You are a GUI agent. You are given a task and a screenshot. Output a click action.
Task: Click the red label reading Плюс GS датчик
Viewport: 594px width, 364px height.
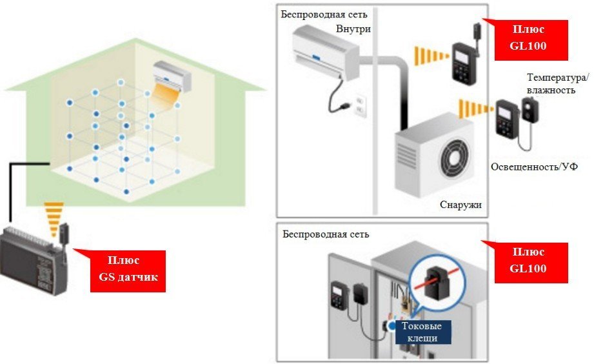coord(128,270)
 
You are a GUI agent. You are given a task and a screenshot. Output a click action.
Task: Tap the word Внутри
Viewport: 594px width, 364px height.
coord(353,28)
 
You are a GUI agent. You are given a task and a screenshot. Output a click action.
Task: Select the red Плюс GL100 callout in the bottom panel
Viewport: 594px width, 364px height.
coord(531,262)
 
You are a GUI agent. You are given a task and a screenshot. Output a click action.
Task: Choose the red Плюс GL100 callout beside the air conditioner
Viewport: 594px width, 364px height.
coord(531,39)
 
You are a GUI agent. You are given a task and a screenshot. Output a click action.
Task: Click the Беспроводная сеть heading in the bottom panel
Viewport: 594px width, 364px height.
coord(326,233)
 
